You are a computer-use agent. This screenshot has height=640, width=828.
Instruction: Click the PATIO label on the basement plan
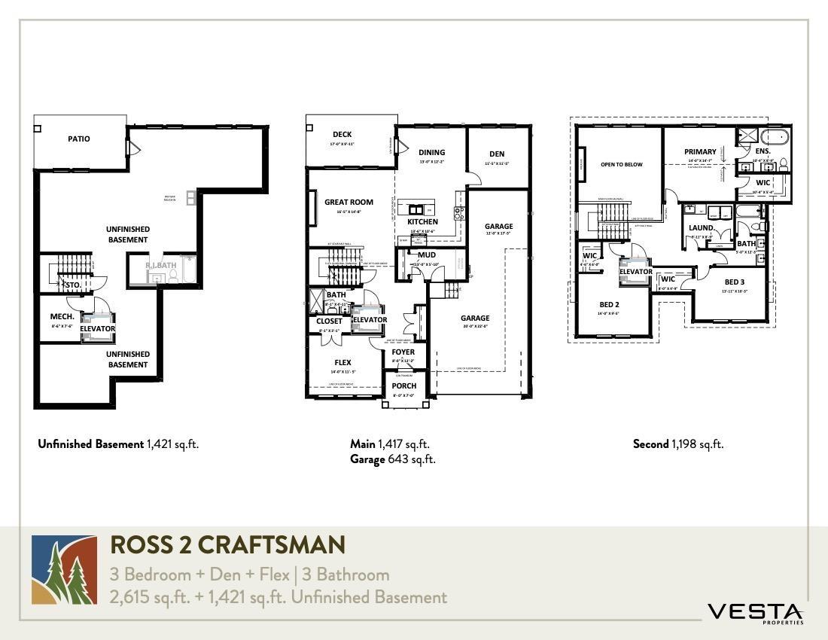(79, 139)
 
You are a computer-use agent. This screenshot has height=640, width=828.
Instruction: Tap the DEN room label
(496, 154)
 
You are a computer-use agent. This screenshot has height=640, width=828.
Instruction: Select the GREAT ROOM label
(349, 202)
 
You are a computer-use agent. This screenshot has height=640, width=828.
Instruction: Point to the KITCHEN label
(422, 222)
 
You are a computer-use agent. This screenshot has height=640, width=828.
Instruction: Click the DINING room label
(432, 152)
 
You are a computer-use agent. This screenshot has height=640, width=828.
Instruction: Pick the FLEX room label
(342, 362)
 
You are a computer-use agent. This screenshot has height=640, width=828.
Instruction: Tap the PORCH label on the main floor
(404, 386)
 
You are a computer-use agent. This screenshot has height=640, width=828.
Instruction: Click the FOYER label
(403, 352)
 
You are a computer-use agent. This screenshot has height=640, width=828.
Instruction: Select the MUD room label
(427, 255)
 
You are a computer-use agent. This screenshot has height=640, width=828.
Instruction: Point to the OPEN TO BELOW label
(622, 164)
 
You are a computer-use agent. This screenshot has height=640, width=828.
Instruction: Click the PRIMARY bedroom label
(700, 152)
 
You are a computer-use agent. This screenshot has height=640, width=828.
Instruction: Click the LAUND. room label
(702, 227)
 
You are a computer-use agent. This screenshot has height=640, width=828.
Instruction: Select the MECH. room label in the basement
(62, 316)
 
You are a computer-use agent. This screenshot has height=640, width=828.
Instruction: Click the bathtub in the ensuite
(774, 138)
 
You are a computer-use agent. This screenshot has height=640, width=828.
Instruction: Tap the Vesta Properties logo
(755, 613)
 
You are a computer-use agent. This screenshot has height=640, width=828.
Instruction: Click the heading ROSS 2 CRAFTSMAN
(227, 544)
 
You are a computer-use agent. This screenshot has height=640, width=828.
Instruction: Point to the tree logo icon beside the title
(64, 570)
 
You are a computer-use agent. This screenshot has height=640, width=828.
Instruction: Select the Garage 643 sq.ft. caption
(392, 459)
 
